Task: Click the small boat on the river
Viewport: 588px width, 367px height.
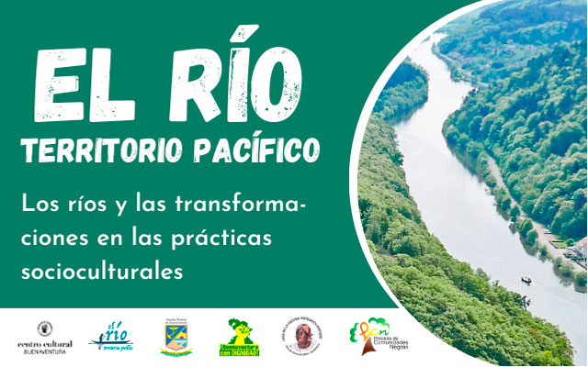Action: (x=526, y=279)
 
